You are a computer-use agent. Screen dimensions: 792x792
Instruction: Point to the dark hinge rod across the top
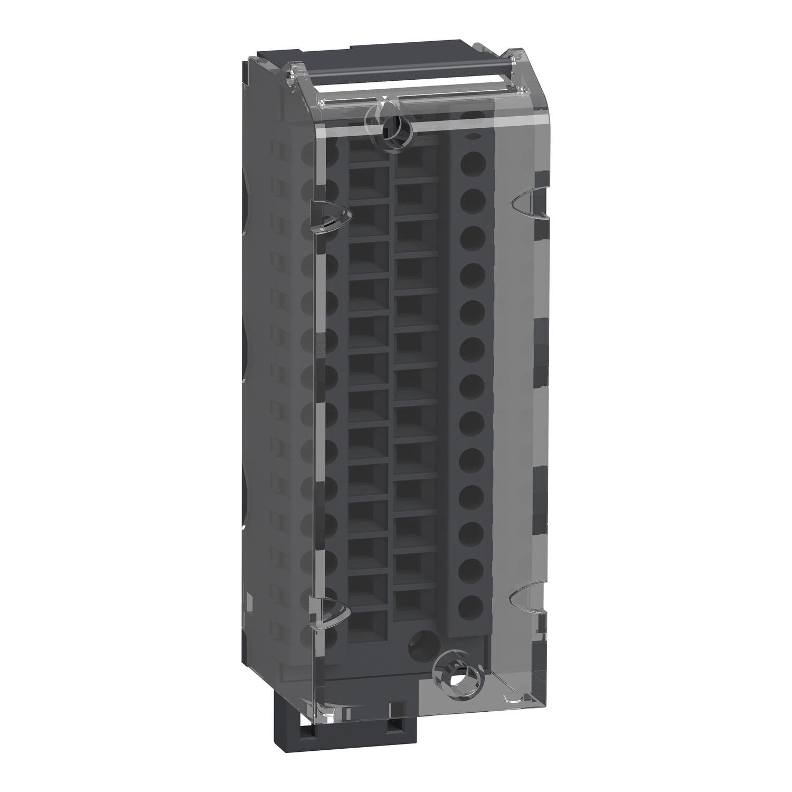pyautogui.click(x=401, y=80)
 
